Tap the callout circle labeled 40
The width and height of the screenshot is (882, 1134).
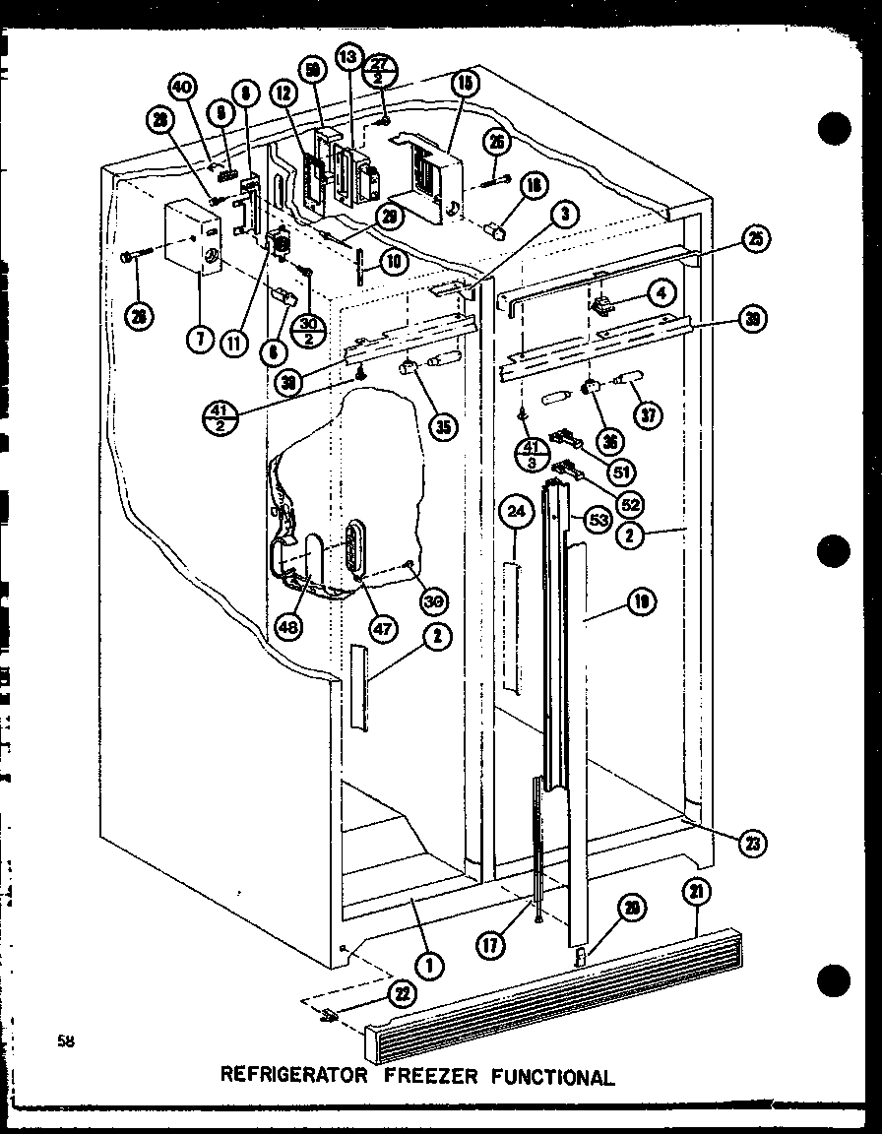(x=180, y=88)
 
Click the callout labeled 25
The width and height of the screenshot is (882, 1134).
(x=756, y=239)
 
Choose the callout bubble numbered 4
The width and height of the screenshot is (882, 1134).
(x=661, y=293)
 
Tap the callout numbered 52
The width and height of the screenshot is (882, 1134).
(x=630, y=503)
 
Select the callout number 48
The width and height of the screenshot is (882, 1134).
(x=289, y=626)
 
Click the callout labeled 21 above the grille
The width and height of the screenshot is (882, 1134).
(x=697, y=892)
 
